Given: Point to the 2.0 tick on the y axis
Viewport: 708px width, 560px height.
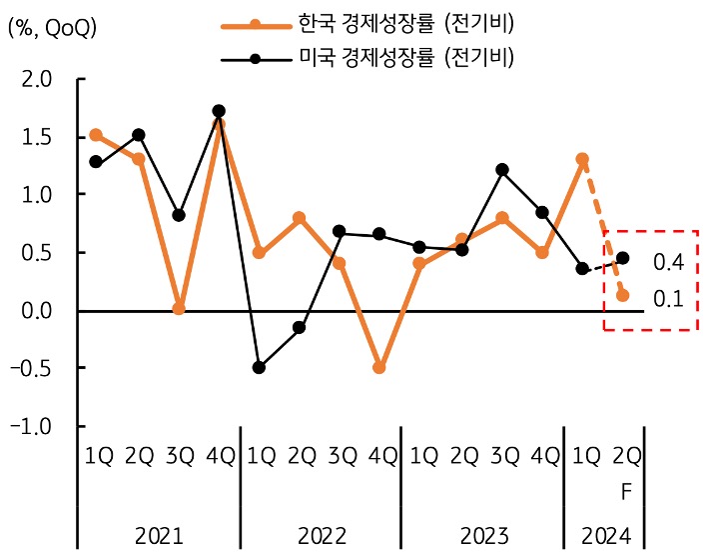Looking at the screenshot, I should [37, 79].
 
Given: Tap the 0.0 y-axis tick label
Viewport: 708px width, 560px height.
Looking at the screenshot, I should [37, 311].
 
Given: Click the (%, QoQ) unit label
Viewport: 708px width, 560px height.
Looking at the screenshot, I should [52, 28].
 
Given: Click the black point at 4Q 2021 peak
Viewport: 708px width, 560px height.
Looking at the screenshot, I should [219, 111].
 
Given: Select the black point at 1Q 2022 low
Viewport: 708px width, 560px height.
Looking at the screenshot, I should [260, 368].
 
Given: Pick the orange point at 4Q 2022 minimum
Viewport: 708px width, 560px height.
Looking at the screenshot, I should [379, 368].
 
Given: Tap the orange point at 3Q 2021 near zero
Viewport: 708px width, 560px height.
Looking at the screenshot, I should [179, 309].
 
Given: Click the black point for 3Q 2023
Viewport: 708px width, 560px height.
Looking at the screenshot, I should [501, 170].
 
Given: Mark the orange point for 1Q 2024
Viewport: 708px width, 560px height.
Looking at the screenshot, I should [582, 159].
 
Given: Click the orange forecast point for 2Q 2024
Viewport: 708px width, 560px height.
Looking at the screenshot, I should [623, 295].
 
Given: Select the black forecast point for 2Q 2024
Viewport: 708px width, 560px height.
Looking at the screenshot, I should [623, 258].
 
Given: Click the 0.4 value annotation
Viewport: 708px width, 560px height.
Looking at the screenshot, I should [667, 262].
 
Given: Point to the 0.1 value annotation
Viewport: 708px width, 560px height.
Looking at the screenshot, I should [667, 297].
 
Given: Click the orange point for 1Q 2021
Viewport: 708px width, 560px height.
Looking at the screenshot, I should [96, 135].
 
